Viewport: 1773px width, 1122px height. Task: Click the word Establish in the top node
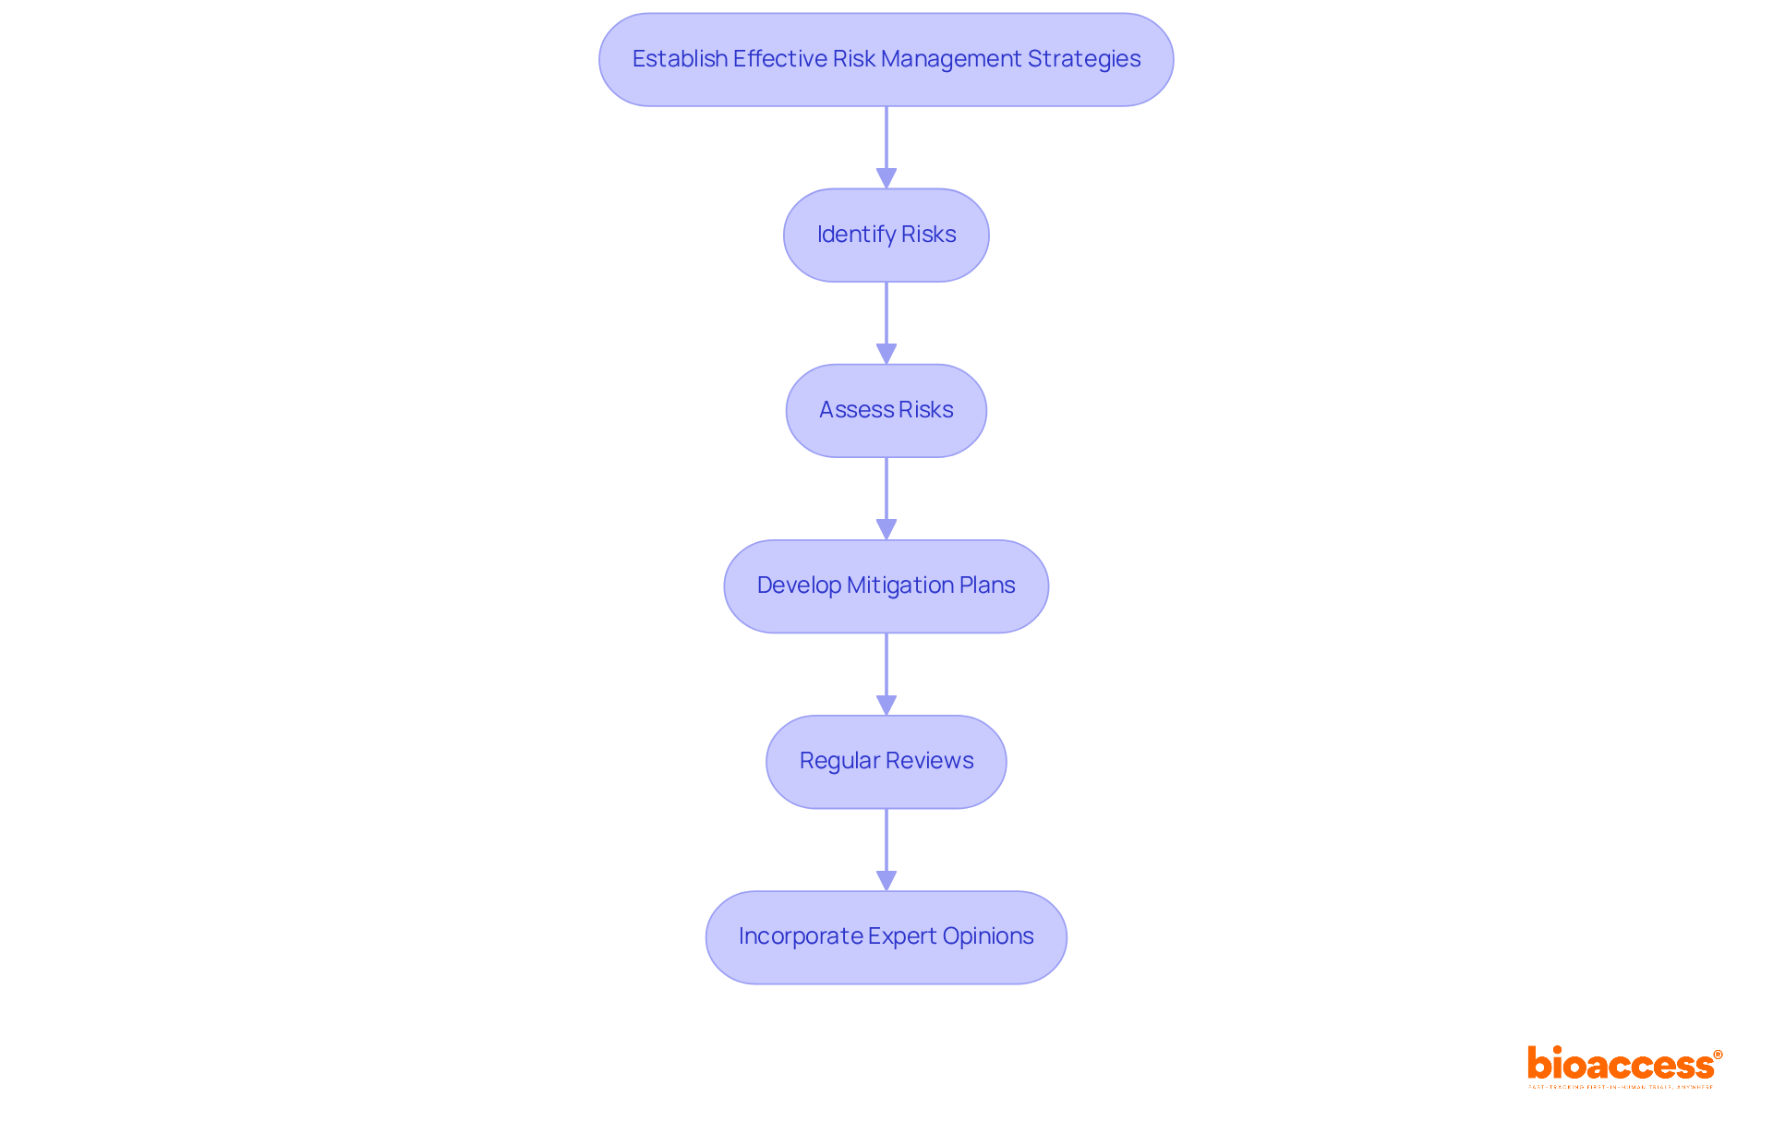(x=680, y=59)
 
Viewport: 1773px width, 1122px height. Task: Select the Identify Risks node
(x=886, y=235)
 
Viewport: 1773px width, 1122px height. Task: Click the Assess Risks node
(x=886, y=410)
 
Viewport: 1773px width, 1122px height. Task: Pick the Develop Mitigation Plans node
(x=886, y=585)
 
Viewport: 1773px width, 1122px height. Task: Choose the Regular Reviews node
(x=886, y=761)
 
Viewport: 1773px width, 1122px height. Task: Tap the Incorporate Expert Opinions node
(x=886, y=936)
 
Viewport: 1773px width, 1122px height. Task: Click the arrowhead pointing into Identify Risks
(x=886, y=178)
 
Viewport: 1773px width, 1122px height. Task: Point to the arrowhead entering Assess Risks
(x=886, y=354)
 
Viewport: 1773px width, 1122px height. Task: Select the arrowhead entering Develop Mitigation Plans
(x=886, y=529)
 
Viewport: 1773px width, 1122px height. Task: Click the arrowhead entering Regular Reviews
(x=886, y=705)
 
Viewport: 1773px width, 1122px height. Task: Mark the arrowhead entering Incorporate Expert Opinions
(x=886, y=880)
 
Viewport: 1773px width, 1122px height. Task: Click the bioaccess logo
(x=1621, y=1065)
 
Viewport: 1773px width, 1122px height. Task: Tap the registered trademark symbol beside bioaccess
(x=1718, y=1055)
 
